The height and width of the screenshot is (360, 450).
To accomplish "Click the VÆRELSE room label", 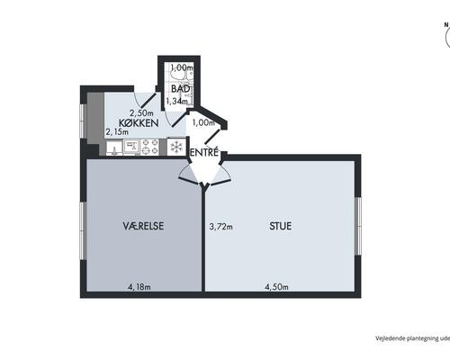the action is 143,226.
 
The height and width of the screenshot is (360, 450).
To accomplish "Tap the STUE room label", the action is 281,226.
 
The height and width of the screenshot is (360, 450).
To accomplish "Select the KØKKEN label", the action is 139,123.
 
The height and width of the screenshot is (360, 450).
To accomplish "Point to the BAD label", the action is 181,89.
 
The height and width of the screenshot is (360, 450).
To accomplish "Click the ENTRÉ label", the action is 204,153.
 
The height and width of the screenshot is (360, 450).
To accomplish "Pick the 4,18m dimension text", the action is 139,287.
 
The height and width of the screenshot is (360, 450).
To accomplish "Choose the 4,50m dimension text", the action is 276,287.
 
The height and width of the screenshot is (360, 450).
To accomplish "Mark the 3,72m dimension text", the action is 220,227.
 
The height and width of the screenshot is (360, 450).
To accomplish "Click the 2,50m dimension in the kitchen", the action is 141,113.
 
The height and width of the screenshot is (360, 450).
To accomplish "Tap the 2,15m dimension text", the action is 117,131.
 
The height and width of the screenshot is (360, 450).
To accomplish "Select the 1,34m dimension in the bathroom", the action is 177,101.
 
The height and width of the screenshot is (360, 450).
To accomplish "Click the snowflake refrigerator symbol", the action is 176,147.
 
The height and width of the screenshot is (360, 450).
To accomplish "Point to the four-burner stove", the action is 149,147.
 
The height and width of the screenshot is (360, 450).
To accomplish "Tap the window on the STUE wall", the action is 357,226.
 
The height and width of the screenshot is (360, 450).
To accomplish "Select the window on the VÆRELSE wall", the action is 83,231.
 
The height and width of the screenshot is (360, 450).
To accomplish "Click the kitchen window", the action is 83,121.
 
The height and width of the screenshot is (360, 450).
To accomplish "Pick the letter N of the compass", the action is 446,25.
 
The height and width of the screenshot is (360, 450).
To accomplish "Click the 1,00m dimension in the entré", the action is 203,122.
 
